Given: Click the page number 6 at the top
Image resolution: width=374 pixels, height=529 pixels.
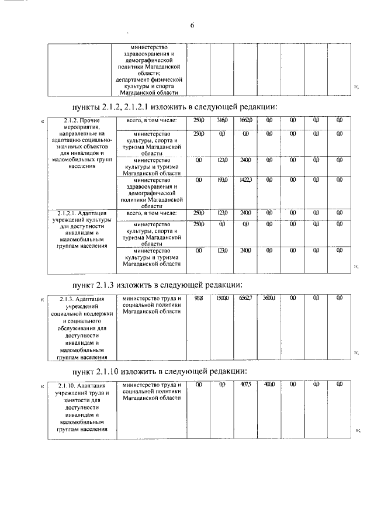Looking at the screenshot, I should pyautogui.click(x=192, y=25).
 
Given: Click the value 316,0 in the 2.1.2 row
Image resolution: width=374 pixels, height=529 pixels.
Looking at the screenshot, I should pyautogui.click(x=222, y=120).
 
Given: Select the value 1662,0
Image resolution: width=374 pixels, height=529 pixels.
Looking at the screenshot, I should pyautogui.click(x=245, y=120).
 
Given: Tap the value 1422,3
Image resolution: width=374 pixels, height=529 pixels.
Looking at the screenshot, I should pyautogui.click(x=245, y=181).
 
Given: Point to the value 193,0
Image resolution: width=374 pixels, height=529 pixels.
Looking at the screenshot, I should pyautogui.click(x=222, y=181).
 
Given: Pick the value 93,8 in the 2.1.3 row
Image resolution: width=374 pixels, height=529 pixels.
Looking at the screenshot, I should pyautogui.click(x=199, y=298).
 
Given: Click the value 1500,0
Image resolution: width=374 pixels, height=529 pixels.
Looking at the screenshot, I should pyautogui.click(x=222, y=298).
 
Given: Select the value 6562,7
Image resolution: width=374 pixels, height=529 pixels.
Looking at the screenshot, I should pyautogui.click(x=245, y=298).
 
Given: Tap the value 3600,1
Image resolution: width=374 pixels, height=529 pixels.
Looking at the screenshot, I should pyautogui.click(x=269, y=298).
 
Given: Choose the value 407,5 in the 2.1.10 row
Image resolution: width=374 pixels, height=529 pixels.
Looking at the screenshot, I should pyautogui.click(x=245, y=385).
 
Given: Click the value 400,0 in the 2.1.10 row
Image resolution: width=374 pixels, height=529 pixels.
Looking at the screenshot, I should pyautogui.click(x=269, y=385).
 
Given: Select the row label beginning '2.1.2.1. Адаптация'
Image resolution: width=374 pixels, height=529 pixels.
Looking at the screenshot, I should pyautogui.click(x=82, y=230).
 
